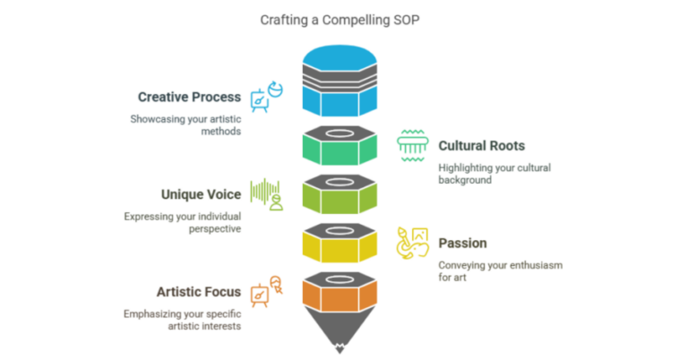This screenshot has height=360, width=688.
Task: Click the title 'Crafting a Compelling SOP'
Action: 343,20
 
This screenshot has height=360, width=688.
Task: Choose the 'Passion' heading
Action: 462,243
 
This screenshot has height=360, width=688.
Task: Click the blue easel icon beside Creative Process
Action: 266,98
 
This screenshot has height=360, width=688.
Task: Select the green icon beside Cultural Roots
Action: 412,145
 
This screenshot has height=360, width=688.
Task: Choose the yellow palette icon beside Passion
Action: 413,243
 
